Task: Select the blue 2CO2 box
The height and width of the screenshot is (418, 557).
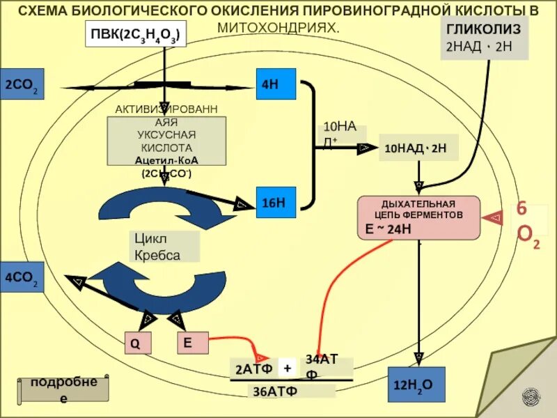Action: coord(22,84)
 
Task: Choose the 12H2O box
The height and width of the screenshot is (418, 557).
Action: coord(416,384)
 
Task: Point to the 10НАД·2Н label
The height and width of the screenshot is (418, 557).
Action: coord(418,148)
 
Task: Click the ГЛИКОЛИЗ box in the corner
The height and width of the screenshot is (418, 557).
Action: coord(486,37)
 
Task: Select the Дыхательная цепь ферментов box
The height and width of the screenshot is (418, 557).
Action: coord(418,217)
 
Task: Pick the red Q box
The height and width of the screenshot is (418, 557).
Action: coord(136,343)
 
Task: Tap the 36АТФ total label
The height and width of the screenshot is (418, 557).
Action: coord(274,390)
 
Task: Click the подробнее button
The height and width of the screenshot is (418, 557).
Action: coord(63,390)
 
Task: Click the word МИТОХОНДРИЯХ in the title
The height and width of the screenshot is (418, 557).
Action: coord(278,29)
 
